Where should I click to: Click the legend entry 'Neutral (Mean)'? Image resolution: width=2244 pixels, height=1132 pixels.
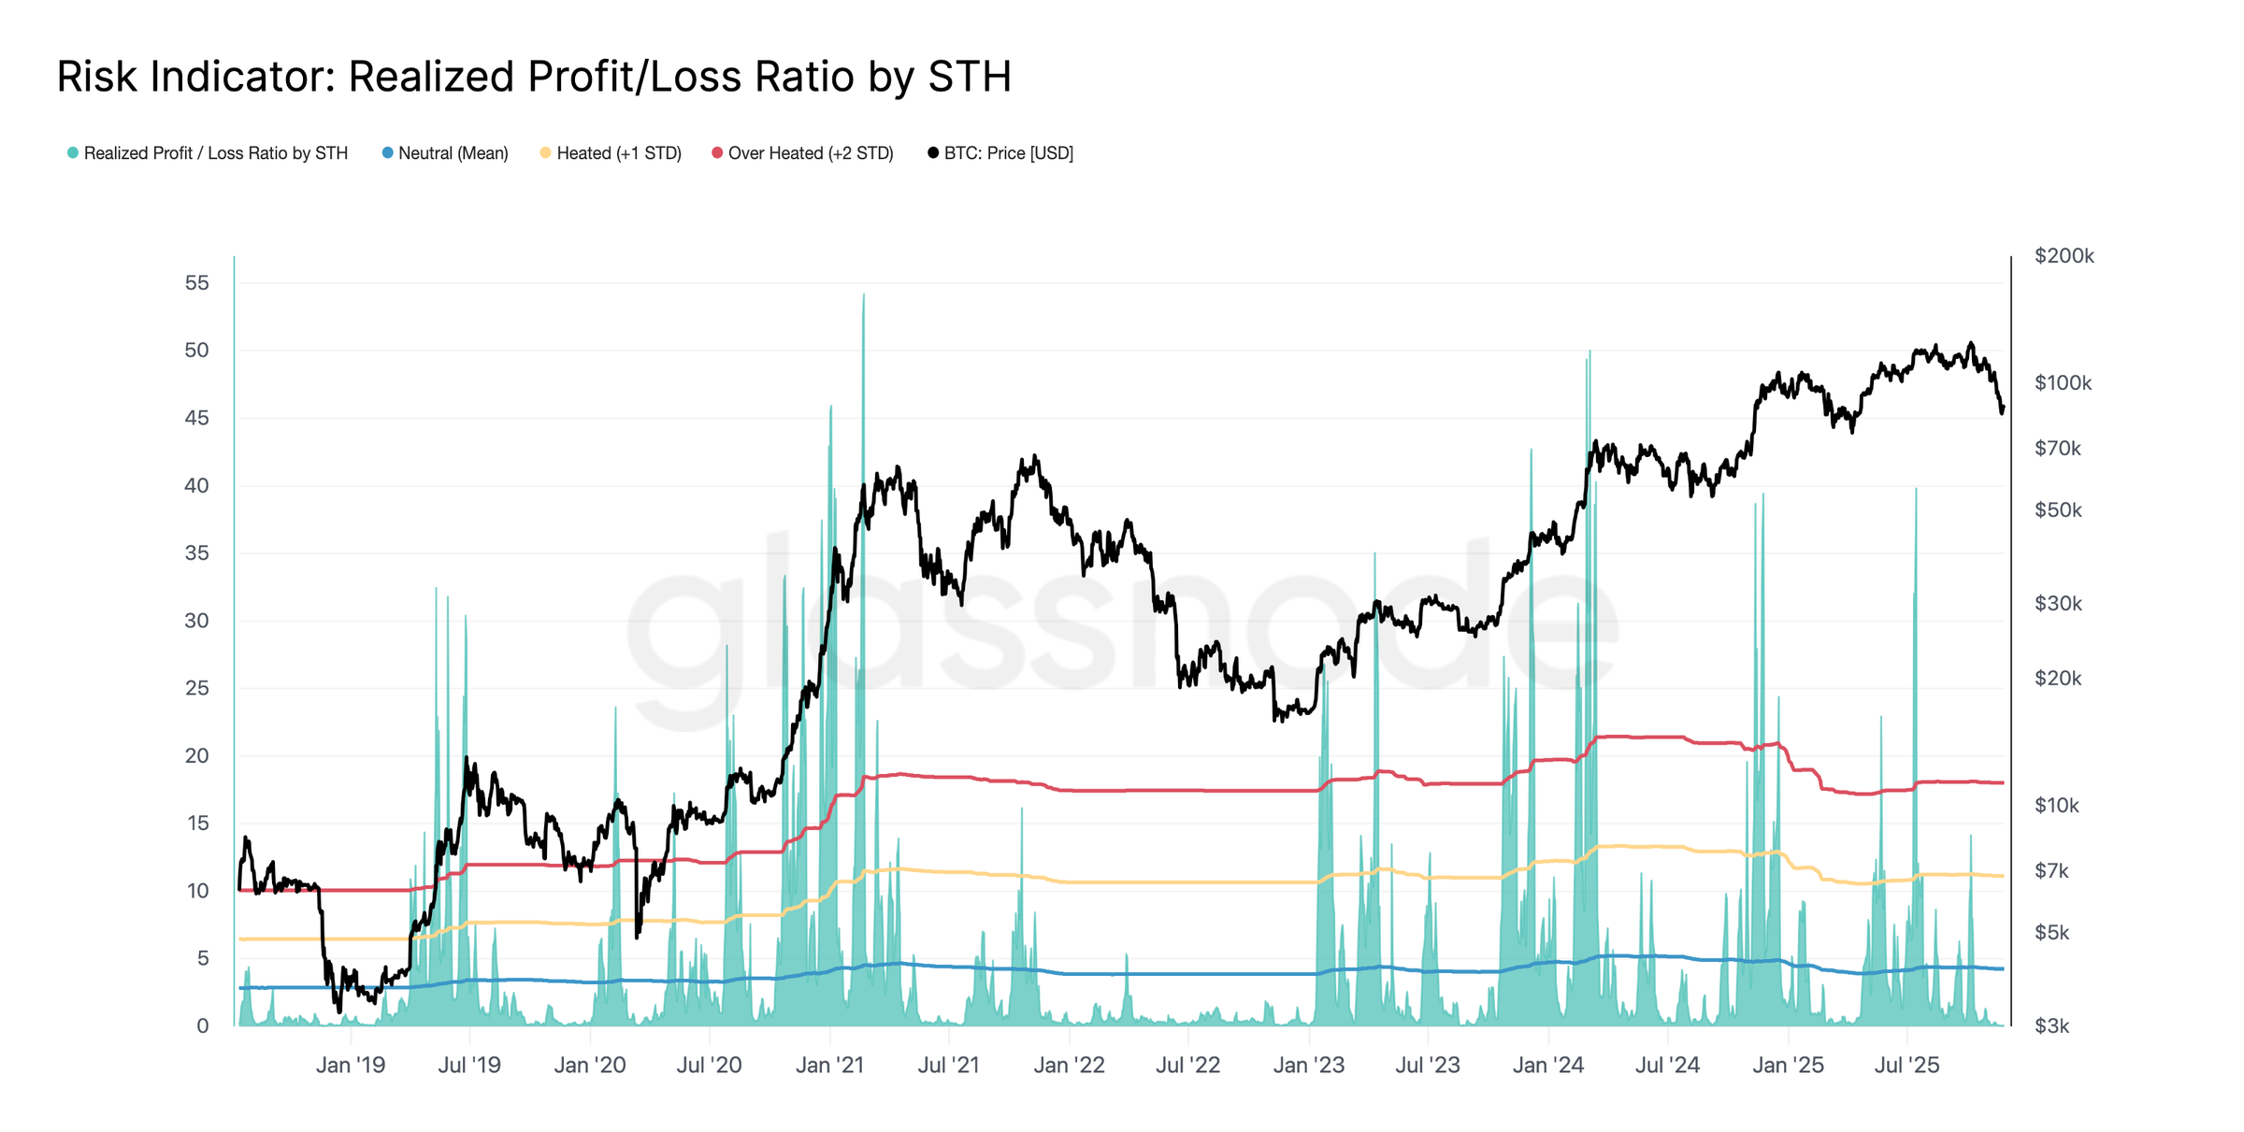point(453,153)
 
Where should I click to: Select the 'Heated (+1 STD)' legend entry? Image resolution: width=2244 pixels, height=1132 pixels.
point(618,153)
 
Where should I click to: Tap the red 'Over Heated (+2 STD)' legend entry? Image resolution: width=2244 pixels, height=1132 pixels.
point(810,153)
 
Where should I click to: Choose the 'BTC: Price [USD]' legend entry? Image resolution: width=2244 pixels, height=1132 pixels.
point(1008,153)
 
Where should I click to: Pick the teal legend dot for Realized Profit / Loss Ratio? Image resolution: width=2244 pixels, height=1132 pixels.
point(73,153)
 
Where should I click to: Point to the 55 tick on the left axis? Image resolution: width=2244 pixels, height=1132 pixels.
point(196,283)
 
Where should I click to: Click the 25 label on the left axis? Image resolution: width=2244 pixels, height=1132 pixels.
point(196,689)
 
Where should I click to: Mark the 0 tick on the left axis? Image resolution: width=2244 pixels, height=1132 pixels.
point(203,1026)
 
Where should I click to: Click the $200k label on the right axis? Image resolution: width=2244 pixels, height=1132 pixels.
point(2064,256)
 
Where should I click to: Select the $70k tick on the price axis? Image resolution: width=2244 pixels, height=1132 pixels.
point(2057,449)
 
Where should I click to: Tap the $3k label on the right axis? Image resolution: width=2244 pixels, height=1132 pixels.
point(2051,1026)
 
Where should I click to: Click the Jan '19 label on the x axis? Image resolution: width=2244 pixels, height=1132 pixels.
point(351,1066)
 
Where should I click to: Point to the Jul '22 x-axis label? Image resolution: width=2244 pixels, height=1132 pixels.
point(1187,1066)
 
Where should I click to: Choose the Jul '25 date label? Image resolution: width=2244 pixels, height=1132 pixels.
point(1906,1066)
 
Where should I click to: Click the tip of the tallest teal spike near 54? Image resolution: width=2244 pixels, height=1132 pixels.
point(864,295)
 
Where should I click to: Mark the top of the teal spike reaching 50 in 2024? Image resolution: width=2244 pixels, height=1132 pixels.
point(1589,352)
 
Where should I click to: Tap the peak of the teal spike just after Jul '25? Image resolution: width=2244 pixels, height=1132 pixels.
point(1916,490)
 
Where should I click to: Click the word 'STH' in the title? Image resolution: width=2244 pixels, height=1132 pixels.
point(970,77)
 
